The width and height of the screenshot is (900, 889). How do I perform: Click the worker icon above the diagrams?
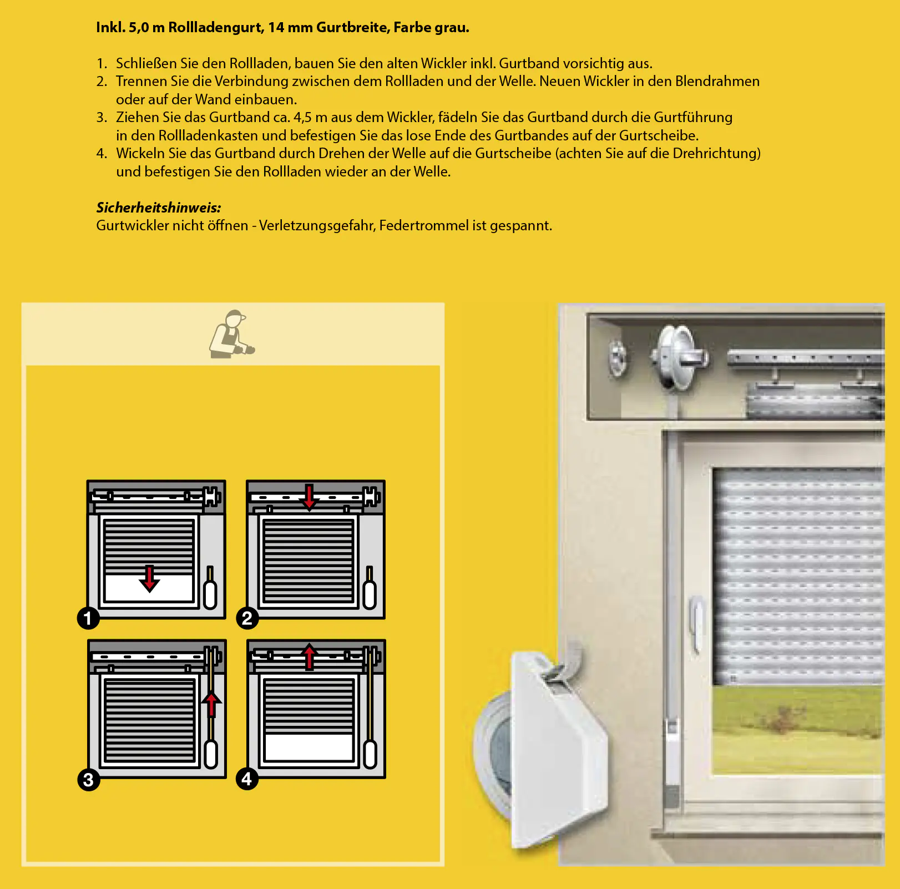click(x=231, y=335)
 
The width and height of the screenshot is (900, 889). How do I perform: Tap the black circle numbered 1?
click(x=88, y=618)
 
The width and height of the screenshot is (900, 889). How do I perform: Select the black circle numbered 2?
click(x=247, y=618)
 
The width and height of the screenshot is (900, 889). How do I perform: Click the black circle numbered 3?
click(x=88, y=780)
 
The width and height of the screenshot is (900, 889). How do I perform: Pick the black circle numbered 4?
click(x=247, y=779)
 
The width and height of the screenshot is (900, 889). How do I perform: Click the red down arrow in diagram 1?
click(x=149, y=579)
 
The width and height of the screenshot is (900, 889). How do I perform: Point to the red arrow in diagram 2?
click(x=309, y=497)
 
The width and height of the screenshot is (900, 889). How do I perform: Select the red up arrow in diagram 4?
click(x=309, y=656)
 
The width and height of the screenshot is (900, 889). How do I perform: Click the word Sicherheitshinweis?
click(x=158, y=208)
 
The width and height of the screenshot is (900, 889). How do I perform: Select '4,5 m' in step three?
click(x=310, y=118)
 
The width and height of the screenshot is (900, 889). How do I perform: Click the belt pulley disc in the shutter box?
click(x=677, y=358)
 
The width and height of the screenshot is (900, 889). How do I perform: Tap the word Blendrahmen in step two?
click(x=717, y=82)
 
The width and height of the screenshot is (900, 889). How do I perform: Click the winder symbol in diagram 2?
click(x=370, y=590)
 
